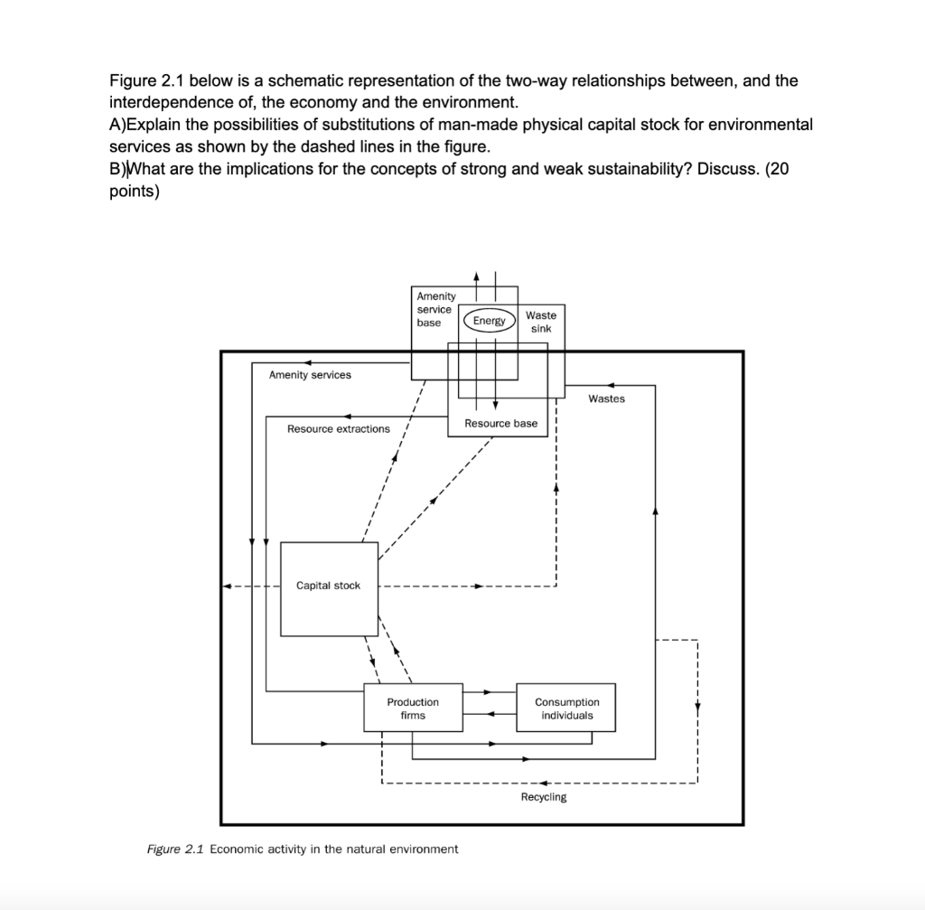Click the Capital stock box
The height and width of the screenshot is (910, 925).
click(x=329, y=586)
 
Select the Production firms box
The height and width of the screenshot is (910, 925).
click(x=413, y=708)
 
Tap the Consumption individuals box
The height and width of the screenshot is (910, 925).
click(x=566, y=708)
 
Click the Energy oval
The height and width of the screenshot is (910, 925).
click(x=489, y=321)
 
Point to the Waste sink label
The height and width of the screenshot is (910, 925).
click(x=541, y=321)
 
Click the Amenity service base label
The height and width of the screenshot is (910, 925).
click(x=435, y=309)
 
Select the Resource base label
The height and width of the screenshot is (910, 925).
click(x=500, y=423)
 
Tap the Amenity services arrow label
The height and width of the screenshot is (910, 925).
click(x=310, y=374)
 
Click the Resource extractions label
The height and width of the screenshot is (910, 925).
click(x=339, y=428)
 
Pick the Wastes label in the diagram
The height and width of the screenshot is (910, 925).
click(x=606, y=399)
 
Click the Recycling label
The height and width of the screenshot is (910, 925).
click(x=544, y=797)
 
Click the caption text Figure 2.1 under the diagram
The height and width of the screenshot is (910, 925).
click(x=176, y=849)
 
